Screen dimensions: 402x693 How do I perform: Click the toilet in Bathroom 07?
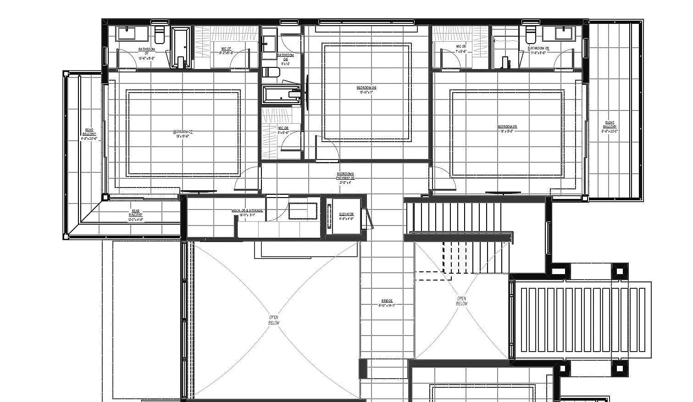pyautogui.click(x=160, y=34)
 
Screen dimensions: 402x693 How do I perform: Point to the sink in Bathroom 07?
pyautogui.click(x=126, y=33)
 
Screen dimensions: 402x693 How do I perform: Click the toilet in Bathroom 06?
pyautogui.click(x=272, y=72)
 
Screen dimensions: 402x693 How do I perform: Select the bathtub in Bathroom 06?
pyautogui.click(x=280, y=95)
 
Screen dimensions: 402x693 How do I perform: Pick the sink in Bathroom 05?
pyautogui.click(x=564, y=33)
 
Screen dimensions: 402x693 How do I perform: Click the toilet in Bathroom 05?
pyautogui.click(x=531, y=33)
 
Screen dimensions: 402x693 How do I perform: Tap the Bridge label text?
pyautogui.click(x=387, y=303)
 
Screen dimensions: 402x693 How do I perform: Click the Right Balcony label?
pyautogui.click(x=610, y=127)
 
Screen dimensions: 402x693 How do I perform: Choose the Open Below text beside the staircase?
pyautogui.click(x=461, y=301)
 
